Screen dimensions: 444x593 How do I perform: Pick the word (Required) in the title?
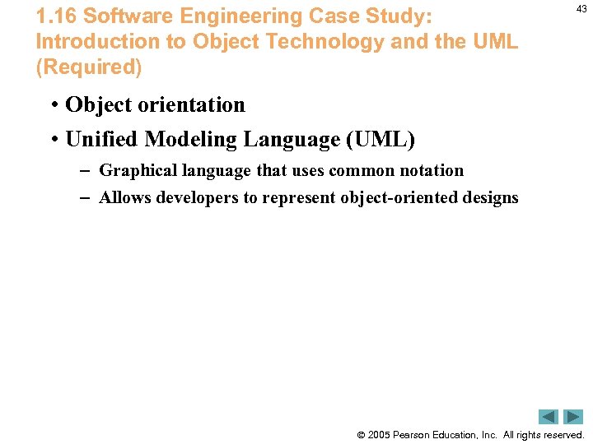89,67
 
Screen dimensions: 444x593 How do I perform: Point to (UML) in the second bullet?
380,140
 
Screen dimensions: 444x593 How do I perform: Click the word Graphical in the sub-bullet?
138,171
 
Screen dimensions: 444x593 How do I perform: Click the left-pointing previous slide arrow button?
549,417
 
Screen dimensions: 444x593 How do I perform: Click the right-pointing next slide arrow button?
573,417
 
